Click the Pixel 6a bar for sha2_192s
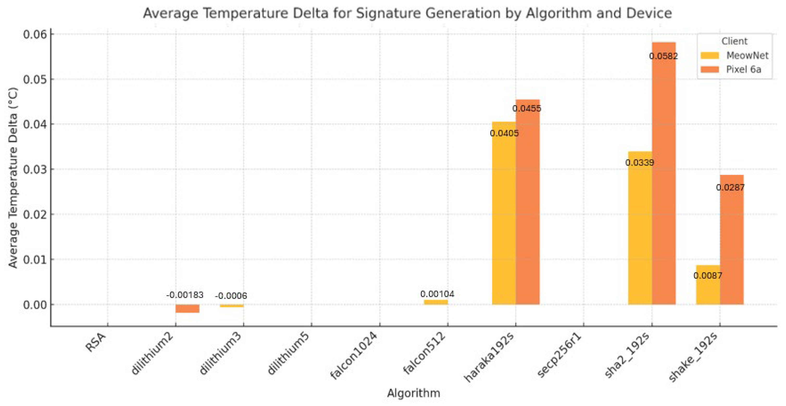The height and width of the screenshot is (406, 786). (664, 183)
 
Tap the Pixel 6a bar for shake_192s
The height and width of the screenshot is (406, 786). (731, 244)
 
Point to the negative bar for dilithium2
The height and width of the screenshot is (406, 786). (187, 308)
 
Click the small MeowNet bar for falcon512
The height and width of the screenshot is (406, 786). (436, 302)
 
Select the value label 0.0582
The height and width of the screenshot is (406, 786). (663, 56)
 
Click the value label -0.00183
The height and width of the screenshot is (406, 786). (185, 295)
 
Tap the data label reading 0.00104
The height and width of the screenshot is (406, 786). (437, 294)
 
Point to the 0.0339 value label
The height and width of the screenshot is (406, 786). (640, 162)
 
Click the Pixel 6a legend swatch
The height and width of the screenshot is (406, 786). (710, 69)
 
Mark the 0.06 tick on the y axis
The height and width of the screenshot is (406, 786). (35, 34)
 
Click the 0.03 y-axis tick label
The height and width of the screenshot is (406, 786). (35, 169)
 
